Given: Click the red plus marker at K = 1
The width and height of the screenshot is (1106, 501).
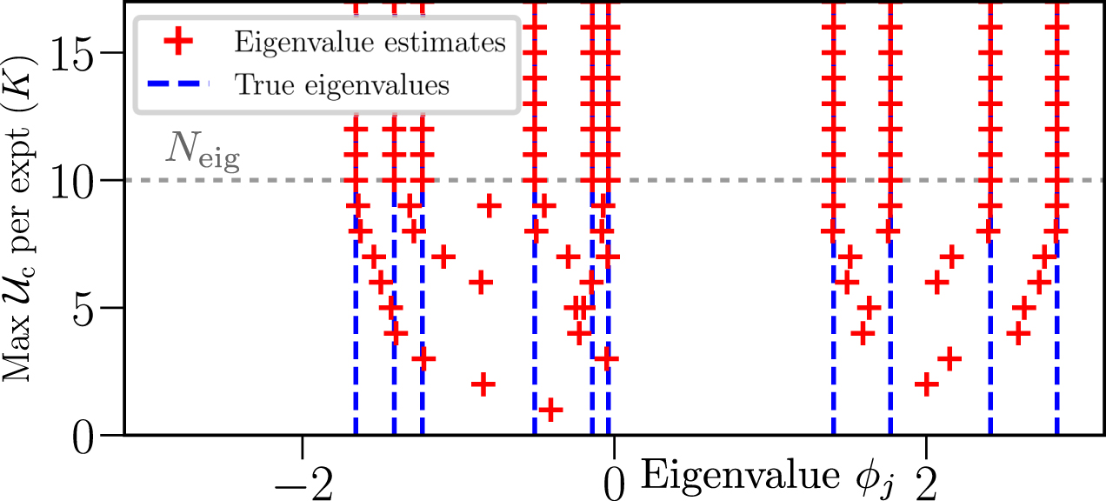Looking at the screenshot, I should [x=550, y=410].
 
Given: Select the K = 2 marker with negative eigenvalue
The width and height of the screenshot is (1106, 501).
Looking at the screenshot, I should [x=483, y=384].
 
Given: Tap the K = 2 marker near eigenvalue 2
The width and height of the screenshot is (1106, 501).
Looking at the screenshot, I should [x=927, y=384].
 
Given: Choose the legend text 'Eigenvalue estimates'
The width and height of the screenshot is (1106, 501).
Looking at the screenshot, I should [x=370, y=41].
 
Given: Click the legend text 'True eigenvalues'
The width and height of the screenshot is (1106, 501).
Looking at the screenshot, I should [x=341, y=85].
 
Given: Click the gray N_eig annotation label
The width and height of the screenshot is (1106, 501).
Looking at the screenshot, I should [x=201, y=155].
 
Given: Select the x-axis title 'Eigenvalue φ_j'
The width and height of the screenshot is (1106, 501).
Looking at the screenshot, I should [x=769, y=475].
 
